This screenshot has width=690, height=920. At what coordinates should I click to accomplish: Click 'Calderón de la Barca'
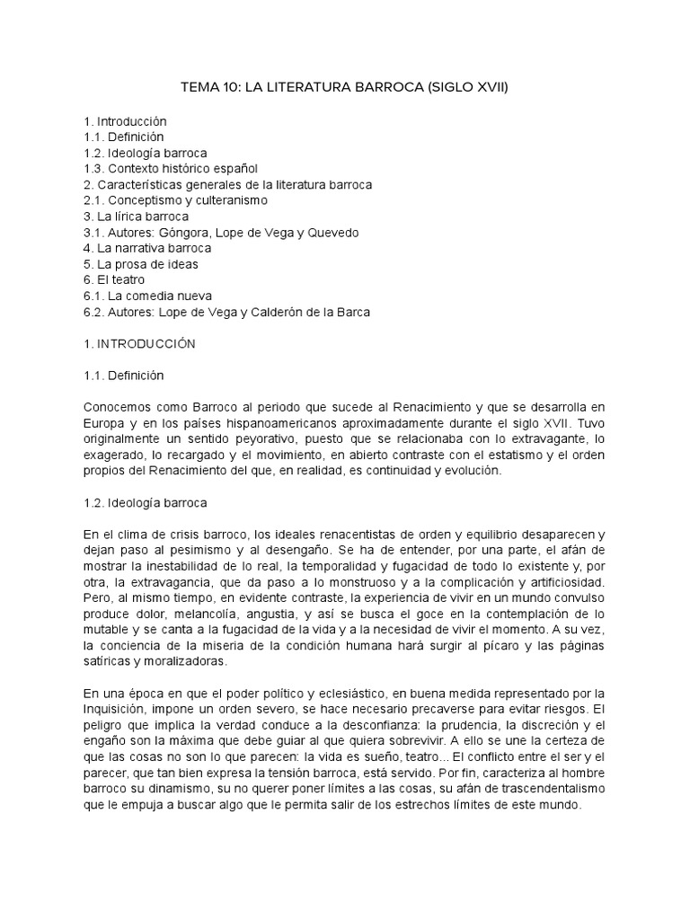click(x=310, y=312)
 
